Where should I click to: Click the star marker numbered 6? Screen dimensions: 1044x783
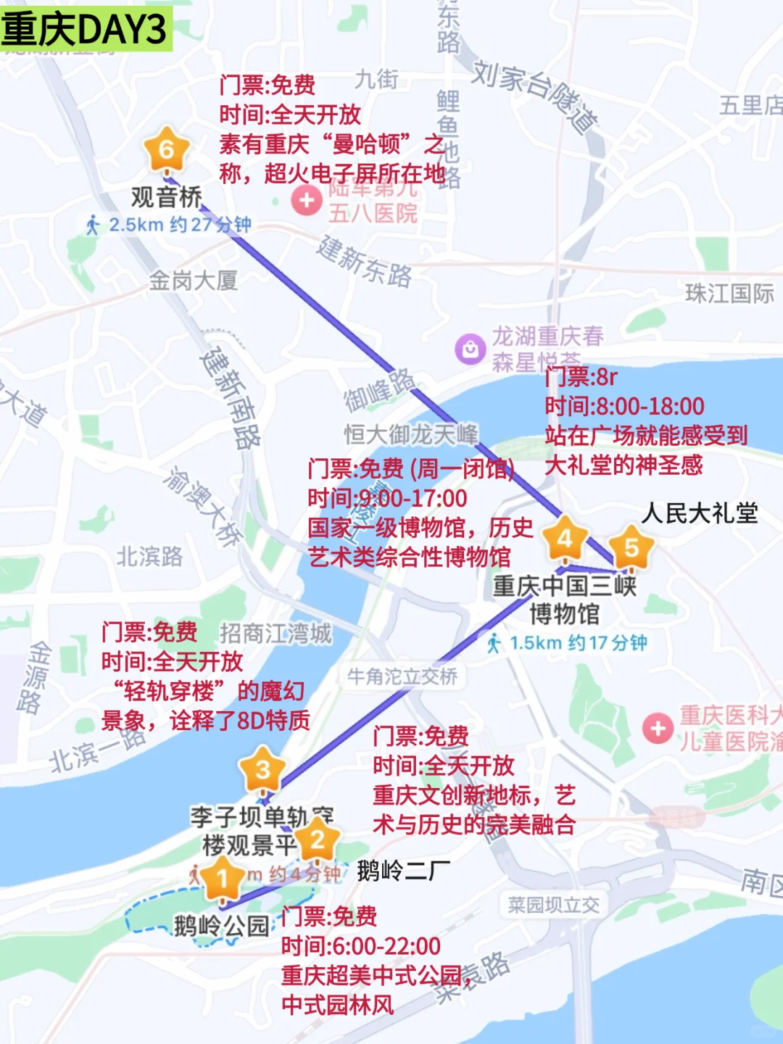pos(167,150)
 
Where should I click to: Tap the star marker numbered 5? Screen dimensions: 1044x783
pos(631,548)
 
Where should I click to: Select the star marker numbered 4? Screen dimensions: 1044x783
pos(565,539)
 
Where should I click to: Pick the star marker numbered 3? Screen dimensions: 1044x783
pos(262,769)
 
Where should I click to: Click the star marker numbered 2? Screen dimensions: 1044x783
pos(317,840)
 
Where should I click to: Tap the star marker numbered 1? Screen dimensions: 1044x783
pos(222,879)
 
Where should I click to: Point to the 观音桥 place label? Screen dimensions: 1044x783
pos(167,196)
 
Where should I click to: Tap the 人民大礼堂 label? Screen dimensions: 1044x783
pos(700,513)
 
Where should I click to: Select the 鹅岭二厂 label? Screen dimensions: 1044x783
pos(404,870)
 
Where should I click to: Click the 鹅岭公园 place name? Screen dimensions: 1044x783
pos(221,926)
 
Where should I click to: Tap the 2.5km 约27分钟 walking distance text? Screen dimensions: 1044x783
pos(170,225)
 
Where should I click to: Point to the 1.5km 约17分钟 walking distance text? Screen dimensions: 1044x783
pos(568,643)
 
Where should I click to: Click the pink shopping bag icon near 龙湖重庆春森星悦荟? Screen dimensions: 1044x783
pos(470,349)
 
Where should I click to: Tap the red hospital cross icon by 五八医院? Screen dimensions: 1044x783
pos(307,200)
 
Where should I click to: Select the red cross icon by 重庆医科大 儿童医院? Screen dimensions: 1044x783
pos(658,728)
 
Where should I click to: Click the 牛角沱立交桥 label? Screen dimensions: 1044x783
pos(402,677)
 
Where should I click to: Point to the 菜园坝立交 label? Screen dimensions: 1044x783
pos(554,905)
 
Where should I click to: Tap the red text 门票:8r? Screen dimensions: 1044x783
pos(581,377)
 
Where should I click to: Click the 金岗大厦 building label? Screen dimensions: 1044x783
pos(194,280)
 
